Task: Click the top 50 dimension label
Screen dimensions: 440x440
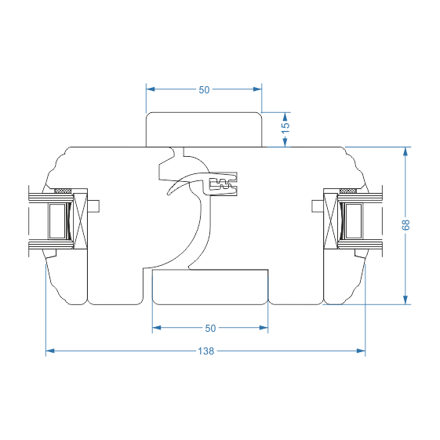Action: (x=204, y=89)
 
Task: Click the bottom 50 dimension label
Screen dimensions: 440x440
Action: (x=210, y=329)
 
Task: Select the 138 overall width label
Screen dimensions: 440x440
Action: (x=206, y=351)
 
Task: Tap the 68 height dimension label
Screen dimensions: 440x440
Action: (x=405, y=225)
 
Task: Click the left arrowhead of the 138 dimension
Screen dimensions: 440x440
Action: (x=50, y=351)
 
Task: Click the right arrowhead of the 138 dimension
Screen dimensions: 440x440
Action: (x=361, y=351)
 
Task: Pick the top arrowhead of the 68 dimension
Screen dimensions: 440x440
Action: (x=405, y=151)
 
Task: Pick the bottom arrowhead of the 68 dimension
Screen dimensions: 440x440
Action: (x=405, y=300)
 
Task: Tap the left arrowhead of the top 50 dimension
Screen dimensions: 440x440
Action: (x=151, y=89)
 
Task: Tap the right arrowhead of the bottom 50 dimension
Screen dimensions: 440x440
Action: (x=264, y=328)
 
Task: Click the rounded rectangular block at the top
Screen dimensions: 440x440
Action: (x=204, y=129)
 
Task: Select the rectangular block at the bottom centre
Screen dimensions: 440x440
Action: (x=210, y=287)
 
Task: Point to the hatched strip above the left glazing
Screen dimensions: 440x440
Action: (x=63, y=191)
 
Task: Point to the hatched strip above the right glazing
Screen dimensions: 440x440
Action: (x=348, y=191)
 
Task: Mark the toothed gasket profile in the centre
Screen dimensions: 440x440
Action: (x=224, y=184)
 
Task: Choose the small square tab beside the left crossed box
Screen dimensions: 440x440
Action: (x=93, y=206)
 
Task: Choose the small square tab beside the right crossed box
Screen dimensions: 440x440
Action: (x=318, y=206)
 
